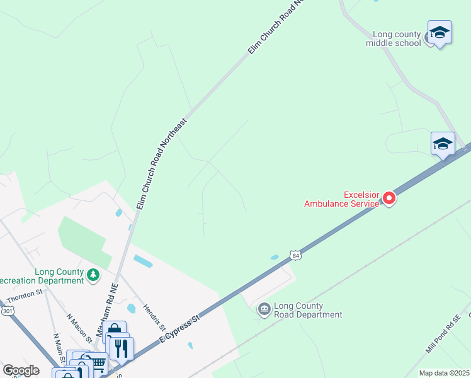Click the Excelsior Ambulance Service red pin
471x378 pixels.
tap(389, 198)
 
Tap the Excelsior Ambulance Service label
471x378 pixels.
tap(342, 198)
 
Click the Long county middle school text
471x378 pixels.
tap(397, 39)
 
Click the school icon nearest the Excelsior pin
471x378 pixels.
tap(443, 144)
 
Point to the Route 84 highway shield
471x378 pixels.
tap(296, 255)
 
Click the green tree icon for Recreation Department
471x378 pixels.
tap(93, 274)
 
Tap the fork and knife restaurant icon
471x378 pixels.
tap(122, 348)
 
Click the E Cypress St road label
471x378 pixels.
tap(179, 328)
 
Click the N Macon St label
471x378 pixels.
tap(79, 328)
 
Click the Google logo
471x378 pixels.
tap(21, 370)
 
